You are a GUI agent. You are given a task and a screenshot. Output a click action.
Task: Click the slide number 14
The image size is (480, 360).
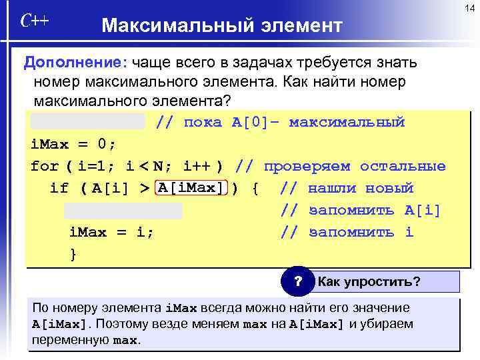click(x=469, y=7)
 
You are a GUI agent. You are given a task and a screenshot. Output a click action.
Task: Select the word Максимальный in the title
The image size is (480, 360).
click(x=174, y=26)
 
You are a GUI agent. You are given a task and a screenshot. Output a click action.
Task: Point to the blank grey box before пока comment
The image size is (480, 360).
click(x=87, y=121)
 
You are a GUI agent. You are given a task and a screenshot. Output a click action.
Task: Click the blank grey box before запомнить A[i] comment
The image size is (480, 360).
click(x=123, y=211)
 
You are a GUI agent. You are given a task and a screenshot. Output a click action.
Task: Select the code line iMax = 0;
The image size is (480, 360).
click(x=73, y=144)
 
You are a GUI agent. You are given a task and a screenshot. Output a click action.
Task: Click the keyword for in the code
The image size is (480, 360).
click(x=45, y=166)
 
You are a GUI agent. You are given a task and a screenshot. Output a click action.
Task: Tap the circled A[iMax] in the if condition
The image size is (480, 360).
click(x=192, y=188)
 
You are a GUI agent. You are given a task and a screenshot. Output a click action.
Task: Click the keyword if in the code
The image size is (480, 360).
click(x=59, y=188)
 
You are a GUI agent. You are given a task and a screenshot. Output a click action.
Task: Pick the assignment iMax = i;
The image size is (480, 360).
click(x=111, y=233)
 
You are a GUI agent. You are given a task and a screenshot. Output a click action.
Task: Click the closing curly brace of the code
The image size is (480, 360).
click(x=73, y=254)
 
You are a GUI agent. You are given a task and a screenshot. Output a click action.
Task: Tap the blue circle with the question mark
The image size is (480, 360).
click(x=299, y=281)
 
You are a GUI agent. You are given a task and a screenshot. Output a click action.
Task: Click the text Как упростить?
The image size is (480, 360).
click(x=369, y=281)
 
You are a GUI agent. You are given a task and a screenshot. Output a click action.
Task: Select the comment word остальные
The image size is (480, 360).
click(x=403, y=166)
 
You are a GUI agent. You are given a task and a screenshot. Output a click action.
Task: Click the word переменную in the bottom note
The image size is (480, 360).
click(x=69, y=340)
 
